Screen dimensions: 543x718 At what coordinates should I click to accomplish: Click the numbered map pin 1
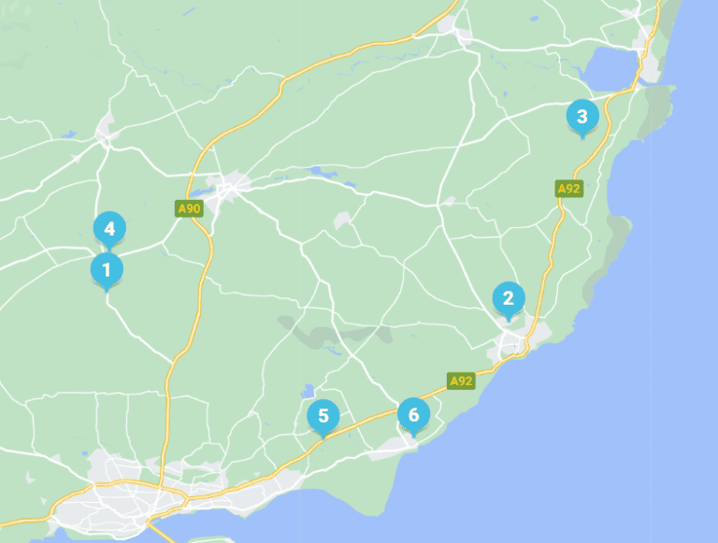coord(107,271)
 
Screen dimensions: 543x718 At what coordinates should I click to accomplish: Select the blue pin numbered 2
coord(509,299)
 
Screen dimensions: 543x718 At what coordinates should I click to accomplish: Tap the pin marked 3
coord(582,117)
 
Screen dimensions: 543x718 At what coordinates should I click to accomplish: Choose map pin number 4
coord(109,228)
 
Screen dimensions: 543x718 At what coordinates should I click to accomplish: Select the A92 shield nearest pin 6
coord(460,381)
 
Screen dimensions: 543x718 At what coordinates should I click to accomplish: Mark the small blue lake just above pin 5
coord(308,391)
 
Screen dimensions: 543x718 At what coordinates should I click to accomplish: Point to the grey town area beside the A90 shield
coord(227,191)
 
